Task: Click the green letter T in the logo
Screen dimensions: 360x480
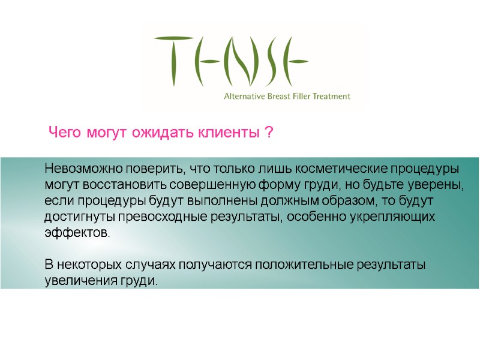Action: [x=172, y=59]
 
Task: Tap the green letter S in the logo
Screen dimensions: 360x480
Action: [x=268, y=59]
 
